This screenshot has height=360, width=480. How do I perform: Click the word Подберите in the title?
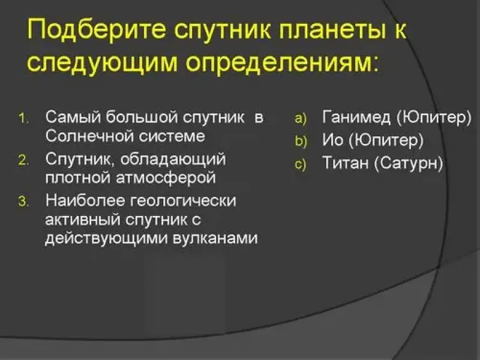click(x=97, y=30)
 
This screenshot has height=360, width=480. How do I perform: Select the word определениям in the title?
click(x=281, y=63)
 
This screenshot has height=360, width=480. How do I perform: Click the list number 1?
click(x=23, y=118)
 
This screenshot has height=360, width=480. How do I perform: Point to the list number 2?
click(x=23, y=160)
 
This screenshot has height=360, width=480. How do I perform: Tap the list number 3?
click(x=23, y=202)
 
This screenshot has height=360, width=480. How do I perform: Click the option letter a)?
click(x=301, y=118)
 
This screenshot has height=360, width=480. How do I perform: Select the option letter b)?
click(x=301, y=141)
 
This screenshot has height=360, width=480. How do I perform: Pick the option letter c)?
click(x=301, y=164)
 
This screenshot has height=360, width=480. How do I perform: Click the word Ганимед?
click(x=356, y=117)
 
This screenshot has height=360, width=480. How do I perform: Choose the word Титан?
click(x=346, y=162)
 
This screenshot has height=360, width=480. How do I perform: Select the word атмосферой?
click(x=166, y=178)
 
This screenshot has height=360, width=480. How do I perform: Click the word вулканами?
click(x=215, y=238)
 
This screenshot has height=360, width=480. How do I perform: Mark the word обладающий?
click(x=173, y=160)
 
